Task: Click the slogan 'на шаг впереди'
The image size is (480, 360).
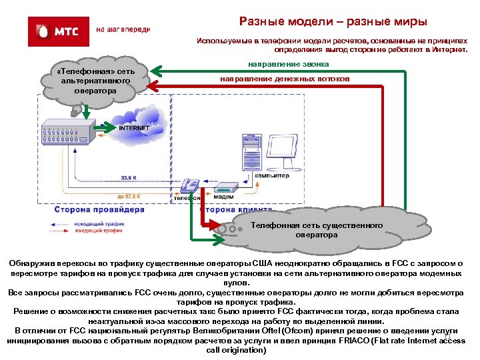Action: (x=123, y=30)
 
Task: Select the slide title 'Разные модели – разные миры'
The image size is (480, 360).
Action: (x=333, y=22)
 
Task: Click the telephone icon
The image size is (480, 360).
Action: (x=191, y=186)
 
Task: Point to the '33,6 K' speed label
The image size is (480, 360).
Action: (x=129, y=177)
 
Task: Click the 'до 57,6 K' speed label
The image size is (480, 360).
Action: (x=129, y=197)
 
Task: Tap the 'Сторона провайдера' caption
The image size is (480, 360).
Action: (x=94, y=209)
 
